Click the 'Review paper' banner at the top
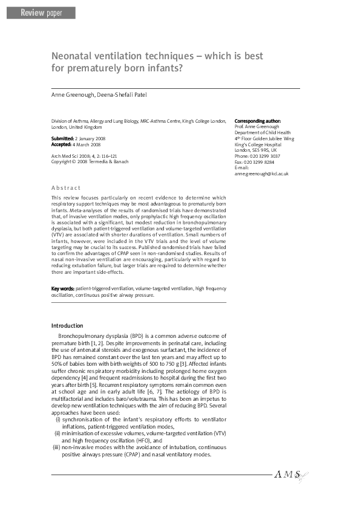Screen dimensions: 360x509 [x=41, y=13]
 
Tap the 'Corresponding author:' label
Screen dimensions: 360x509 [x=257, y=121]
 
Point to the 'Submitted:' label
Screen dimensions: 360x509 [x=62, y=139]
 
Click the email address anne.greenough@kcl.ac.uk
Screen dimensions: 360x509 [x=261, y=173]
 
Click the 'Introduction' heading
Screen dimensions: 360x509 [x=67, y=326]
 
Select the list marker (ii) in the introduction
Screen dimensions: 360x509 [x=57, y=433]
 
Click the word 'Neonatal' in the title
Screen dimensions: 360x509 [x=74, y=56]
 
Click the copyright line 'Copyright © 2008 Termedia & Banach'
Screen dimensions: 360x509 [x=90, y=162]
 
